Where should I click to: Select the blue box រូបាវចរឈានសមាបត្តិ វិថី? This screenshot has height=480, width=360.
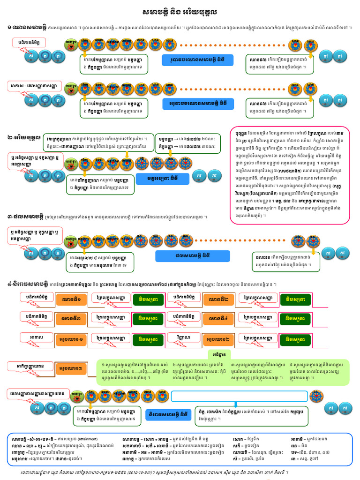click(197, 60)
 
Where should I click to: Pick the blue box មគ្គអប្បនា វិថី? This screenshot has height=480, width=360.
click(158, 179)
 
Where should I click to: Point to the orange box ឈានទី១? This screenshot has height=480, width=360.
click(70, 299)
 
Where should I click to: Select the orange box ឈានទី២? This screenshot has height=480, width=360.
click(218, 299)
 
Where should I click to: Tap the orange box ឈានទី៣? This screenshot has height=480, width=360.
click(70, 319)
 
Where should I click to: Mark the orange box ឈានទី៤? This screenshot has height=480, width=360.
click(218, 319)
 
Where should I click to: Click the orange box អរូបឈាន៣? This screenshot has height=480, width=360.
click(71, 370)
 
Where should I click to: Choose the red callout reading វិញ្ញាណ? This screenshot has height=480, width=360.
click(183, 338)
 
